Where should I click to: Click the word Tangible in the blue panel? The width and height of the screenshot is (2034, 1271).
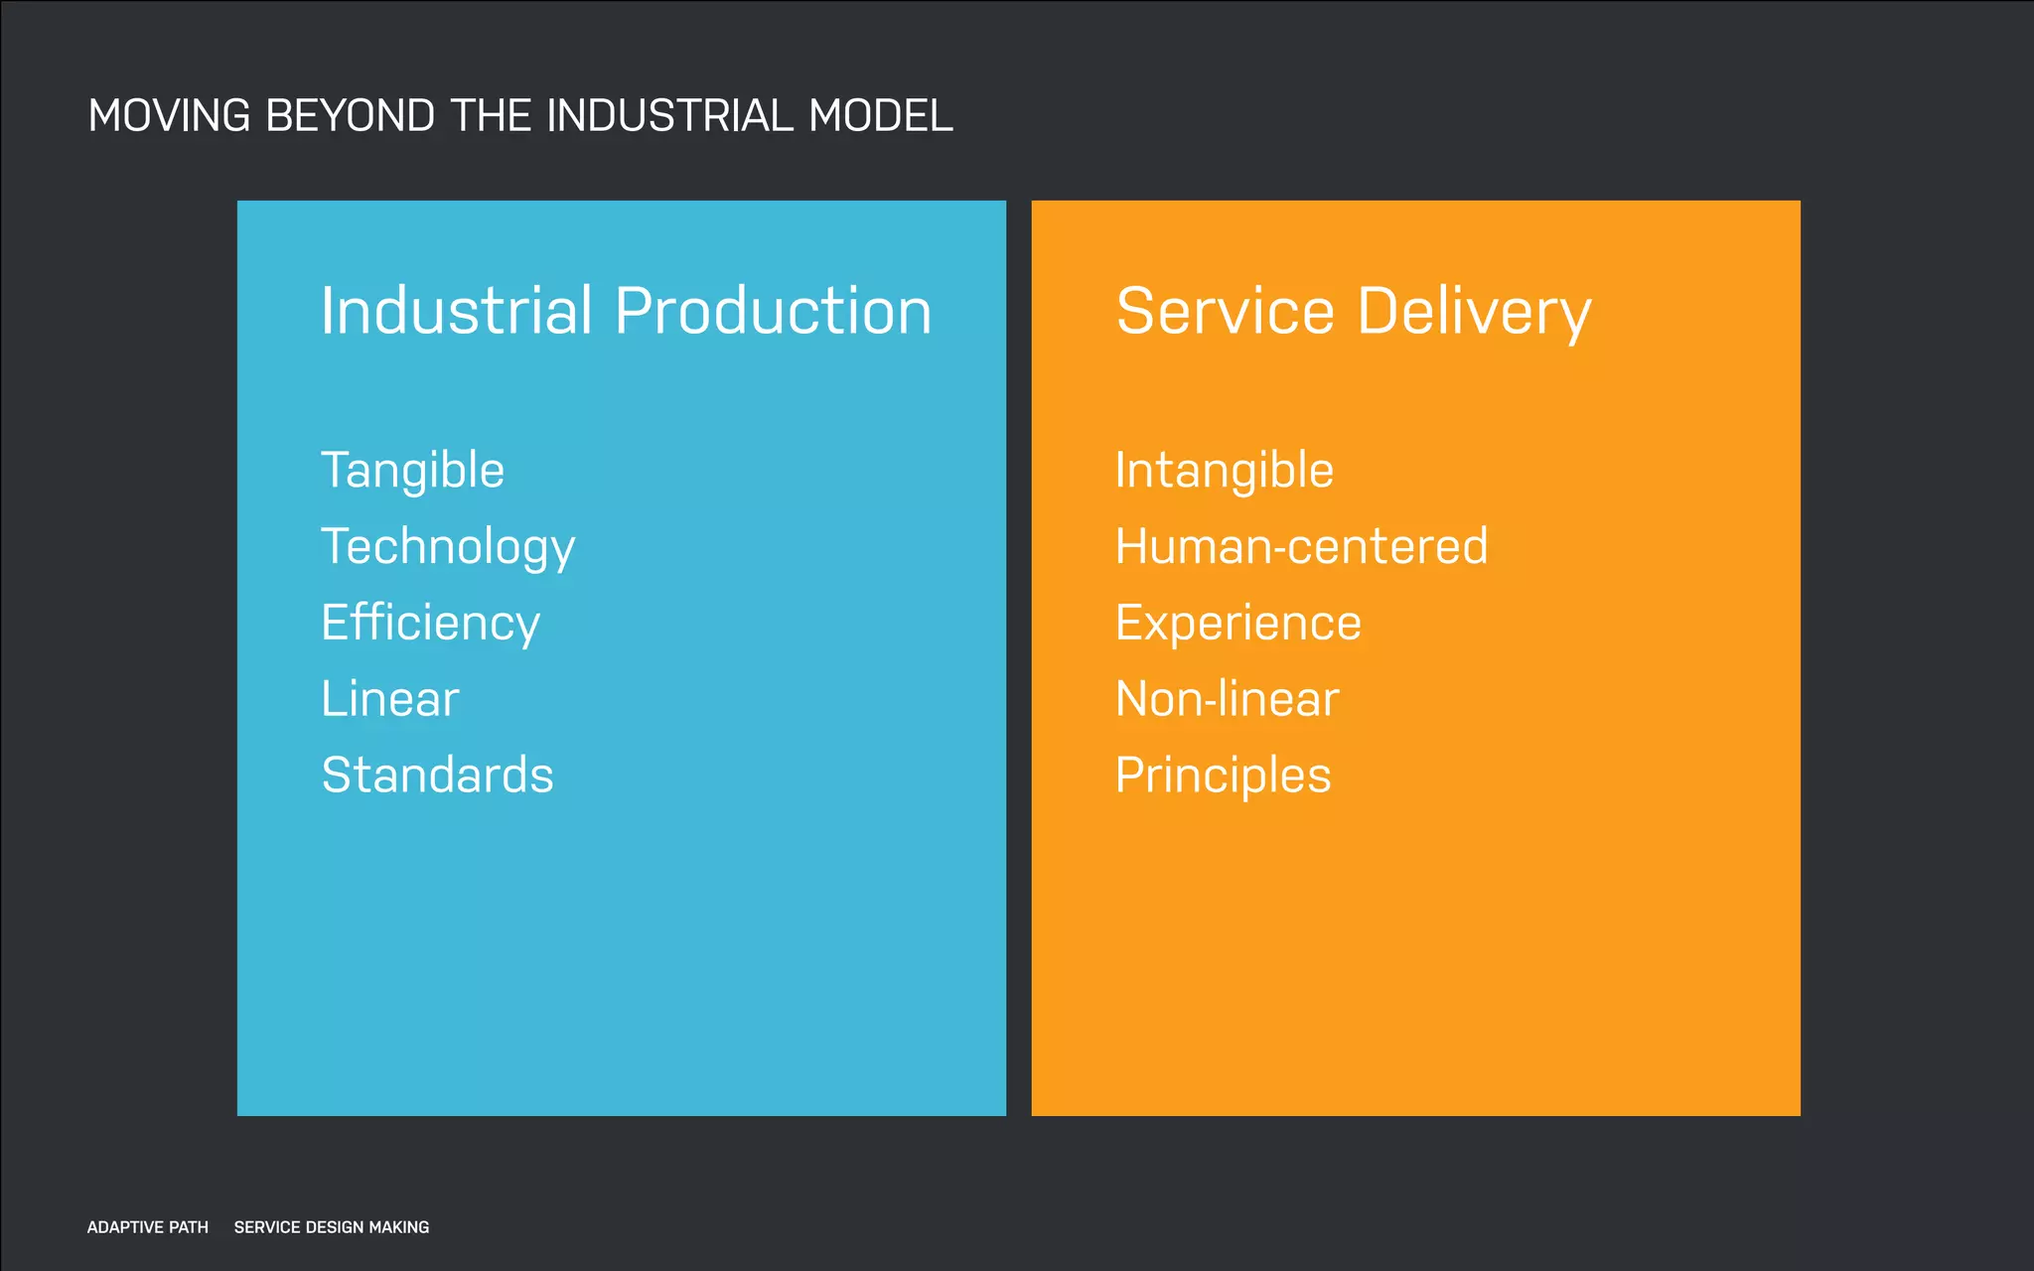tap(412, 471)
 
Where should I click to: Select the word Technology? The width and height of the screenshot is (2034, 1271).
tap(448, 547)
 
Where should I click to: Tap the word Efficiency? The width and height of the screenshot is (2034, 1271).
tap(430, 624)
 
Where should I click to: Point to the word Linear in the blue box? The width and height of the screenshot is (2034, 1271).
tap(390, 699)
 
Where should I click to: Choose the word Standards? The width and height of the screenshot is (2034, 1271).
tap(437, 776)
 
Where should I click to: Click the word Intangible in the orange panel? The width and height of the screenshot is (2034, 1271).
tap(1224, 471)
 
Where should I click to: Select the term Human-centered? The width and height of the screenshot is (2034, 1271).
tap(1301, 547)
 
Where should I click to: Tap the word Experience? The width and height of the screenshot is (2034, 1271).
tap(1237, 624)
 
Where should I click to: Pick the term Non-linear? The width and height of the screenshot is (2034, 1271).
tap(1228, 699)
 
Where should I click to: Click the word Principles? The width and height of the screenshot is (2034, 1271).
tap(1223, 776)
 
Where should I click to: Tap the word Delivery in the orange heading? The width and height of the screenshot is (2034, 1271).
tap(1474, 313)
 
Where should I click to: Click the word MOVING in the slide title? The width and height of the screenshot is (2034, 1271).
tap(169, 116)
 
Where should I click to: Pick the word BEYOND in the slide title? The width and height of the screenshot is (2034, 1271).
tap(351, 116)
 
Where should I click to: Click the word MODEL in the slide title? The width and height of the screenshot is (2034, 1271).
tap(881, 116)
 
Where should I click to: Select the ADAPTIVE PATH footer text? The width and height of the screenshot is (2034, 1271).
tap(148, 1227)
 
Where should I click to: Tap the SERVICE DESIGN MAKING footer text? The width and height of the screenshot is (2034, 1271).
tap(332, 1227)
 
